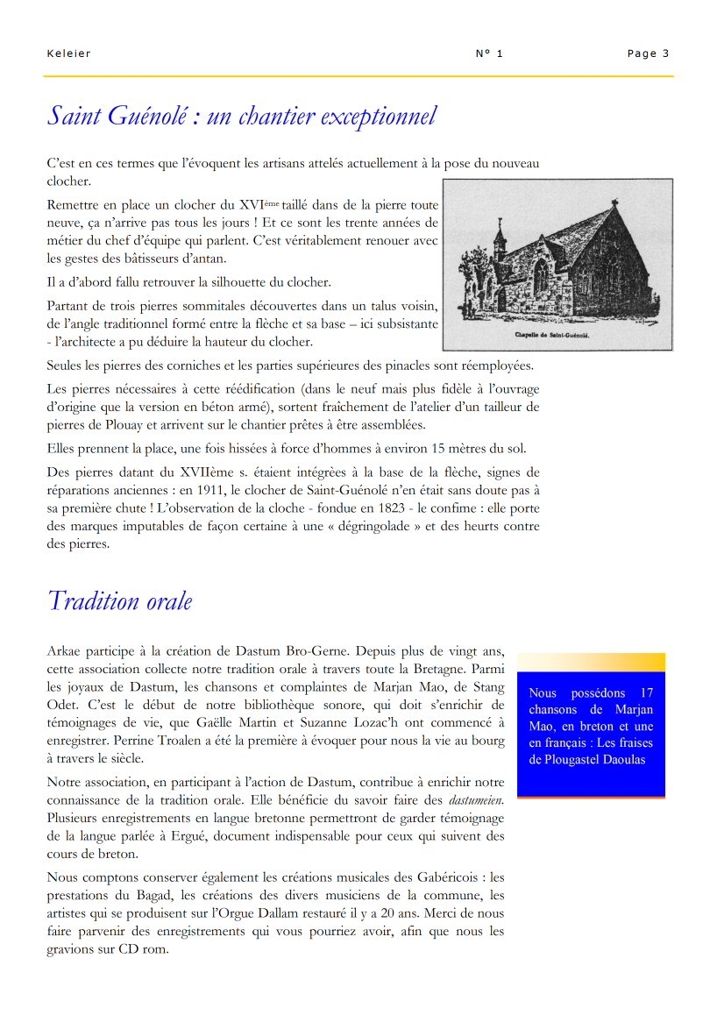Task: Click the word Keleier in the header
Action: coord(68,53)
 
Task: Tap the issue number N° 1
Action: coord(489,53)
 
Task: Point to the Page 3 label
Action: coord(648,53)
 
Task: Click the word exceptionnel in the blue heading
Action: coord(379,116)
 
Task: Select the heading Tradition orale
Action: coord(119,601)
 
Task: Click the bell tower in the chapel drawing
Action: coord(500,241)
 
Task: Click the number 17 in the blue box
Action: coord(646,693)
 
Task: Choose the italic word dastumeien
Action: coord(475,800)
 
